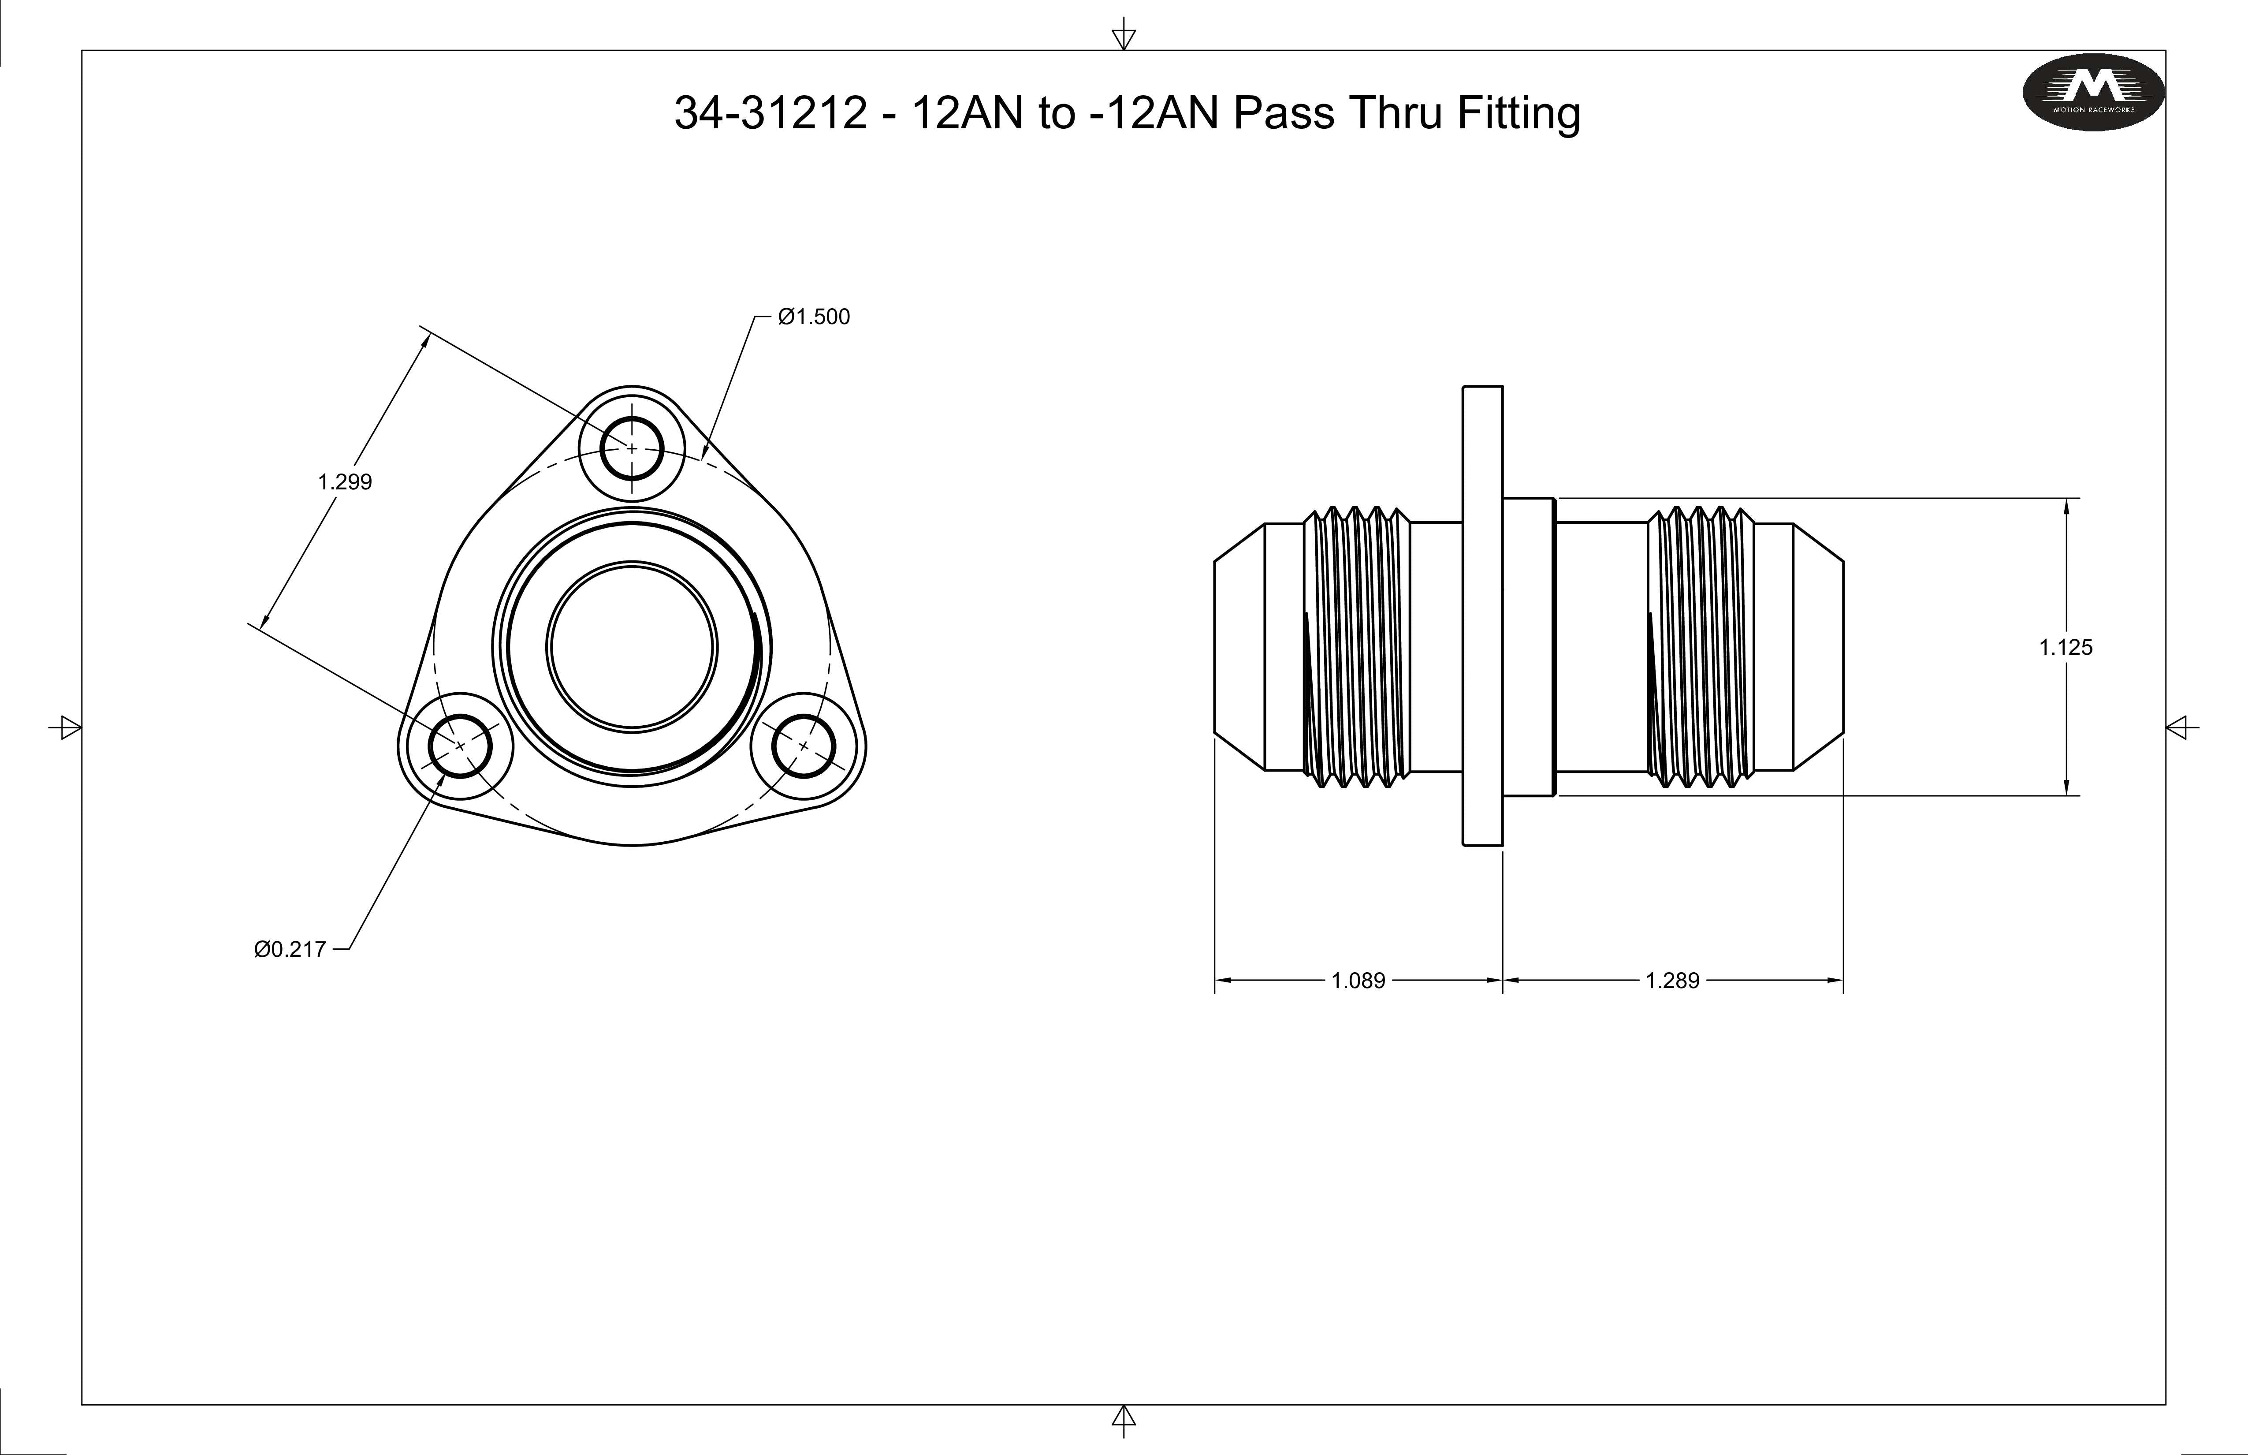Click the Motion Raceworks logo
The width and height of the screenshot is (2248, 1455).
pos(2093,92)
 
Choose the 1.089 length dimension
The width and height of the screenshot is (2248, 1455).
pos(1358,981)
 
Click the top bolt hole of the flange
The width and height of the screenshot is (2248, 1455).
pos(632,448)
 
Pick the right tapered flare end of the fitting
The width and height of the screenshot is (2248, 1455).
pos(1818,647)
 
